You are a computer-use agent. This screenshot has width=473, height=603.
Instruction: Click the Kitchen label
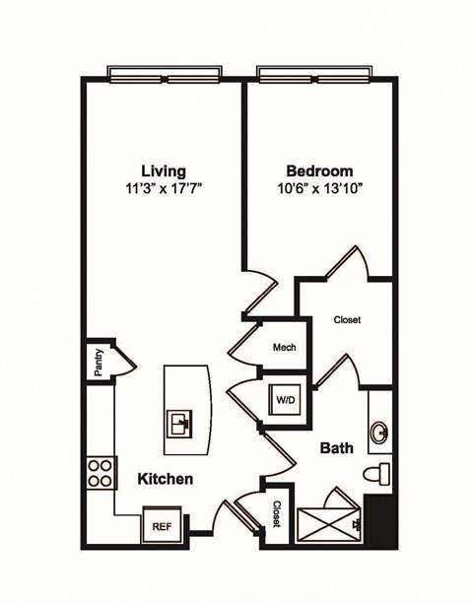[164, 479]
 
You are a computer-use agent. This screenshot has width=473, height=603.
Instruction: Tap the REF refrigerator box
[161, 526]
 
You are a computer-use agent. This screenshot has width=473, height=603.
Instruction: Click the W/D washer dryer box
[287, 401]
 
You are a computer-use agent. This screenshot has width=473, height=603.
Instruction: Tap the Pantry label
[99, 366]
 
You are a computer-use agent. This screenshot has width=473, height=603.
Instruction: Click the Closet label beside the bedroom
[347, 319]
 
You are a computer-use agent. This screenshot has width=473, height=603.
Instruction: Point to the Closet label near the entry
[277, 512]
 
